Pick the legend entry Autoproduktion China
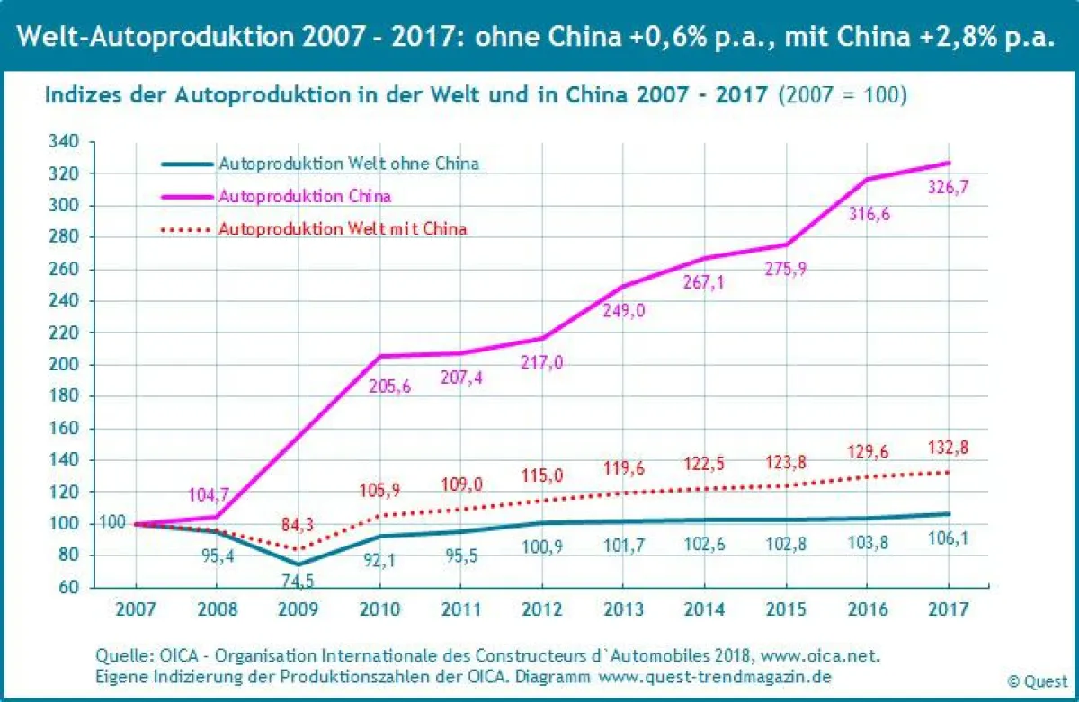click(x=305, y=195)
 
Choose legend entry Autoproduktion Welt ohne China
click(x=348, y=164)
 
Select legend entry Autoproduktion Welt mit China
click(x=343, y=228)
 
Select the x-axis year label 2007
click(x=136, y=610)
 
